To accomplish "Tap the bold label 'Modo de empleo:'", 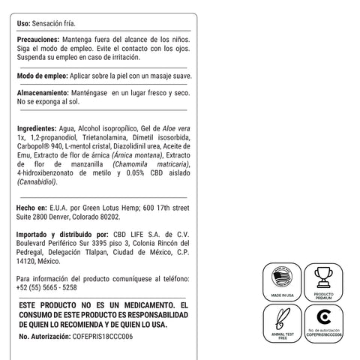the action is (42, 76).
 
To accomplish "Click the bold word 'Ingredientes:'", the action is (38, 129).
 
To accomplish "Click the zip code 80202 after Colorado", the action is (109, 216).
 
